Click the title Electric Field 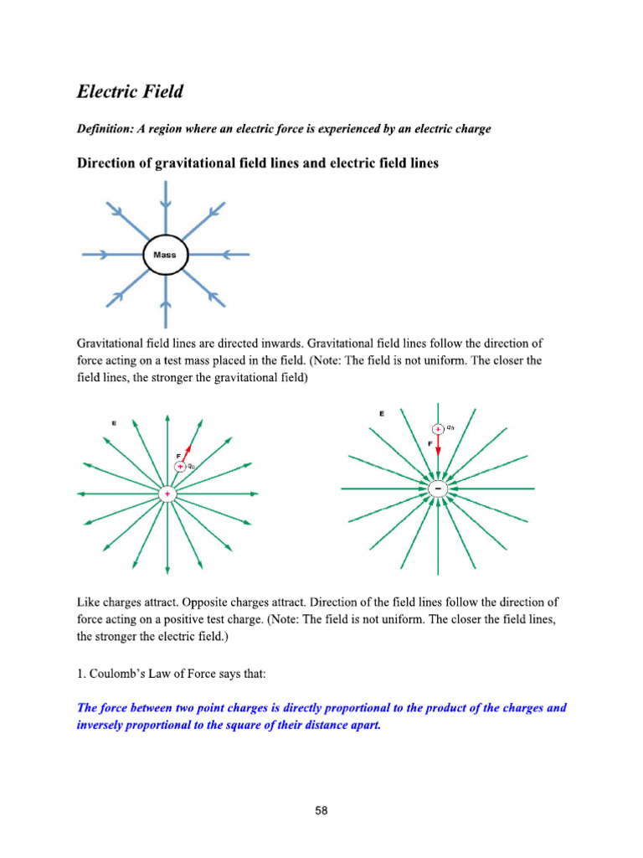click(x=129, y=90)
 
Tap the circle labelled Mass click(x=165, y=254)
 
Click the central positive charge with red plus click(x=167, y=495)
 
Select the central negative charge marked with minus click(x=438, y=488)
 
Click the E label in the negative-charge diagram click(x=382, y=413)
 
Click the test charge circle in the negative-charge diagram click(x=438, y=428)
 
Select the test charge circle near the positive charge click(x=179, y=466)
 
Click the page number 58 click(x=321, y=810)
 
